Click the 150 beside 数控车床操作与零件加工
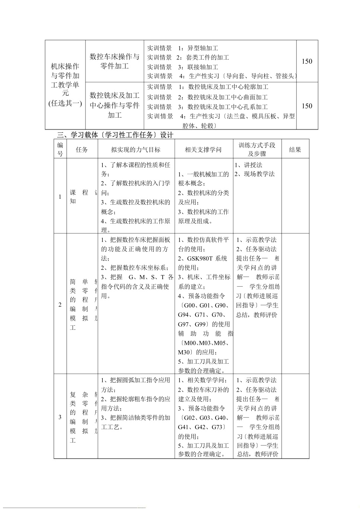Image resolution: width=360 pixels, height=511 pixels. [307, 61]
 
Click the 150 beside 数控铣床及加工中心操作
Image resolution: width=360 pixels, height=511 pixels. [307, 106]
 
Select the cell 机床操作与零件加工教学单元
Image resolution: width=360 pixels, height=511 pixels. [65, 84]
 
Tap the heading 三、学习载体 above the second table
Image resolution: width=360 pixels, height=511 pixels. [115, 135]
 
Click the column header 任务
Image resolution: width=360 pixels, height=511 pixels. [82, 150]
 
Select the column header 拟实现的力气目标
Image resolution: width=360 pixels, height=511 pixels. [136, 150]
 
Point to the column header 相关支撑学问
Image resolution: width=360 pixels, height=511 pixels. [203, 150]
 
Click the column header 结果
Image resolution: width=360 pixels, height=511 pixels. [295, 150]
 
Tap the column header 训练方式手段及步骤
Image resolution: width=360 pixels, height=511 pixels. [257, 149]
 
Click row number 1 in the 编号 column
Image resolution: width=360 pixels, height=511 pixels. [60, 197]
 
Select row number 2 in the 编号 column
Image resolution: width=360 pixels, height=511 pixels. [60, 304]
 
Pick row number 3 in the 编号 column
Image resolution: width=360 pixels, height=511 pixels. [60, 417]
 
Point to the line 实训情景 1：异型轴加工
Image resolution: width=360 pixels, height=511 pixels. [183, 48]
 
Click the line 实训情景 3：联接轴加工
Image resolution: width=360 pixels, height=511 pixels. [183, 67]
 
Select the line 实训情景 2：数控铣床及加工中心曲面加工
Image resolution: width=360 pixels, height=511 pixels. [207, 97]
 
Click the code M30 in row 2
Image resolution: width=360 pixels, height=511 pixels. [185, 352]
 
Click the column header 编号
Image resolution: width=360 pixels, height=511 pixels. [60, 149]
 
